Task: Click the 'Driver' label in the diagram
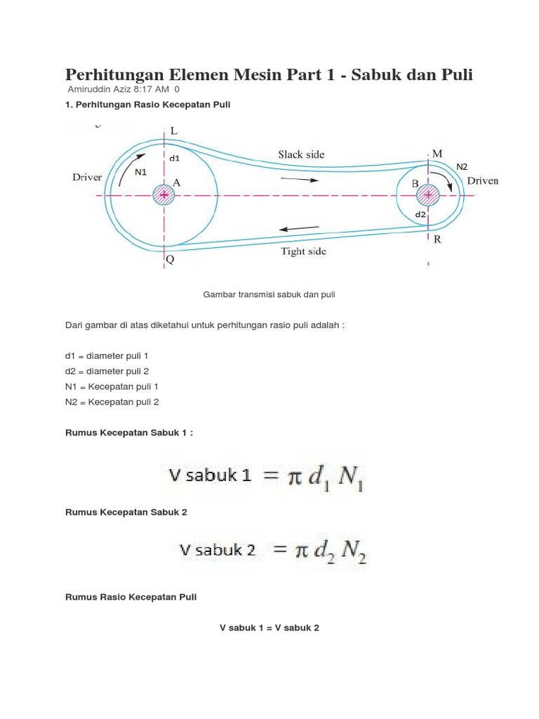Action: [x=88, y=178]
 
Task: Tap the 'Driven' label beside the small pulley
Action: [x=483, y=181]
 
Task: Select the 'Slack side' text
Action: [x=301, y=154]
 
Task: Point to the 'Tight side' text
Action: [x=303, y=251]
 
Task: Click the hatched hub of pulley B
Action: [x=429, y=194]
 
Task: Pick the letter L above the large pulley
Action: [x=173, y=131]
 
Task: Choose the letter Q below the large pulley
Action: [x=170, y=260]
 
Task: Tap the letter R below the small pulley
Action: [x=437, y=239]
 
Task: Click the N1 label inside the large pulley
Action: [x=140, y=173]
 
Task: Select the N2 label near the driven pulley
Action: [x=461, y=166]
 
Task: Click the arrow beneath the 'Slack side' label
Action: [x=300, y=179]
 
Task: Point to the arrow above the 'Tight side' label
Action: [x=300, y=228]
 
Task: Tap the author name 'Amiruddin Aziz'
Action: [x=98, y=89]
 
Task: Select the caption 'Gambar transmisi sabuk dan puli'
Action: [x=269, y=295]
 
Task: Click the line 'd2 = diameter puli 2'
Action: [x=107, y=371]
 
